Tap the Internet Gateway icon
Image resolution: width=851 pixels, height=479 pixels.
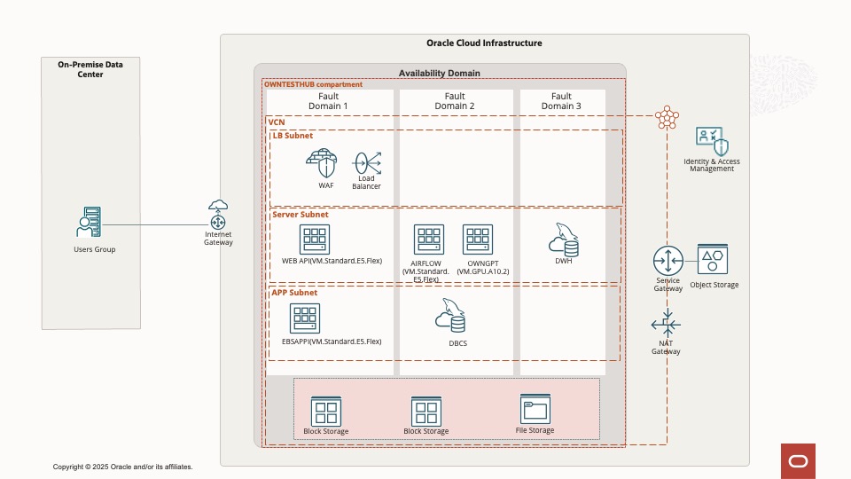218,216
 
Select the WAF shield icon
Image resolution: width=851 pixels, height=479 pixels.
323,163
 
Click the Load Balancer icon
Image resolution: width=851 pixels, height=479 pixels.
367,162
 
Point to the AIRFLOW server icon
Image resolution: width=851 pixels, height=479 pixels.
429,239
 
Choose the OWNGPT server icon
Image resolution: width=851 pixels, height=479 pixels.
478,239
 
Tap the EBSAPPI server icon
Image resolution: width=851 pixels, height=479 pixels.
305,319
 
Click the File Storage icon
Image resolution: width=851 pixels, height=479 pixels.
535,409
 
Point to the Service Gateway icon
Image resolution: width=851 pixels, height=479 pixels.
668,261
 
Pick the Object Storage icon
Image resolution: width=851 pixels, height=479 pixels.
713,260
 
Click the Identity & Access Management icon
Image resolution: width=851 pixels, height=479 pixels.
712,142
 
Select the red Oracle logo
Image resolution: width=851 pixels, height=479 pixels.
797,460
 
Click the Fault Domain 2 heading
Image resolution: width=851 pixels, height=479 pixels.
454,101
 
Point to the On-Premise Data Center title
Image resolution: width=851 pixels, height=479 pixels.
90,69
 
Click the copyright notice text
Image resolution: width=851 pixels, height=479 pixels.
122,467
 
